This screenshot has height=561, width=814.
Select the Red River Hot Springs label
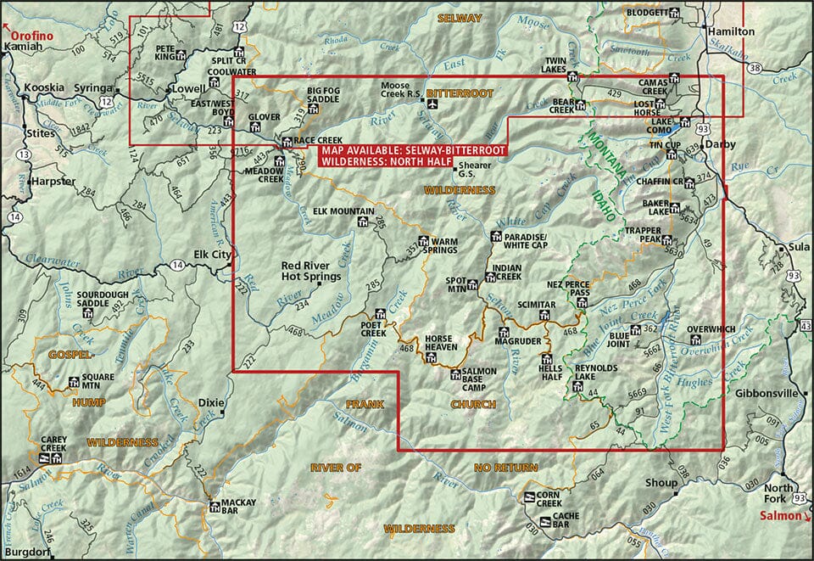coord(311,271)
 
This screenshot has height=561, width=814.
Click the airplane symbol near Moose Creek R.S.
coord(433,104)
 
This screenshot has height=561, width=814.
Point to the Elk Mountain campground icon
coord(362,222)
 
